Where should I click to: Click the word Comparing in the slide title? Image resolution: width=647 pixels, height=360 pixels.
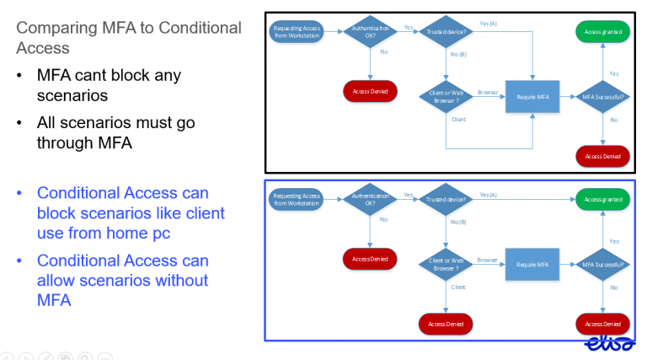pyautogui.click(x=61, y=28)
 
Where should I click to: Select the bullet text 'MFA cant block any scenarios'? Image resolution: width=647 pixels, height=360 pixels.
pyautogui.click(x=109, y=85)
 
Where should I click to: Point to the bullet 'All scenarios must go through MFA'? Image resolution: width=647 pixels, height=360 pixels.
pyautogui.click(x=115, y=132)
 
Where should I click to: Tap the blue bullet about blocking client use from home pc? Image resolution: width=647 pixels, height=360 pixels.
pyautogui.click(x=131, y=212)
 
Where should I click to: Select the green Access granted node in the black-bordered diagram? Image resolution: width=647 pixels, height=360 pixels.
pyautogui.click(x=603, y=32)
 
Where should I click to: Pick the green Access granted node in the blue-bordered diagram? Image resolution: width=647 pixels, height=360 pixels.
pyautogui.click(x=603, y=200)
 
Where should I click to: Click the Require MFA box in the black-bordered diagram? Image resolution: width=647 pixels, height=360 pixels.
pyautogui.click(x=532, y=97)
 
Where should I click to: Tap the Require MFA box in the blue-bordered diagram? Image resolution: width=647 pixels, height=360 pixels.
pyautogui.click(x=532, y=264)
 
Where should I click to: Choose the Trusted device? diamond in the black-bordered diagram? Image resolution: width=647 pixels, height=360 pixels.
pyautogui.click(x=446, y=32)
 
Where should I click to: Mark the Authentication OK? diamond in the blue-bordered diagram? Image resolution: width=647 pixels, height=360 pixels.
pyautogui.click(x=371, y=200)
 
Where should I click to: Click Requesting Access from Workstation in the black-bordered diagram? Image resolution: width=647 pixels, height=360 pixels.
pyautogui.click(x=297, y=32)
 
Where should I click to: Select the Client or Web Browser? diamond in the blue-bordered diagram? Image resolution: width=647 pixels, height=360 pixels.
pyautogui.click(x=446, y=264)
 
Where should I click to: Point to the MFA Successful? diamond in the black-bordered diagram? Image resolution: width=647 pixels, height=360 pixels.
pyautogui.click(x=603, y=97)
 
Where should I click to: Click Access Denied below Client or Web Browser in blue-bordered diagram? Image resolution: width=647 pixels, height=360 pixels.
pyautogui.click(x=446, y=324)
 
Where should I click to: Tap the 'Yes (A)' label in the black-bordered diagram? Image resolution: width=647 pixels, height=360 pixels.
pyautogui.click(x=489, y=24)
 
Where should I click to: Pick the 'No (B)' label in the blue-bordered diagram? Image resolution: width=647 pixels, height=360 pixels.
pyautogui.click(x=458, y=222)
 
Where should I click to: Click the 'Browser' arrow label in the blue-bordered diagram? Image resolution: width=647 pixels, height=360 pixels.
pyautogui.click(x=488, y=260)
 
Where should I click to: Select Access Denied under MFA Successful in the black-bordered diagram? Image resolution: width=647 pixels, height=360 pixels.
pyautogui.click(x=603, y=155)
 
